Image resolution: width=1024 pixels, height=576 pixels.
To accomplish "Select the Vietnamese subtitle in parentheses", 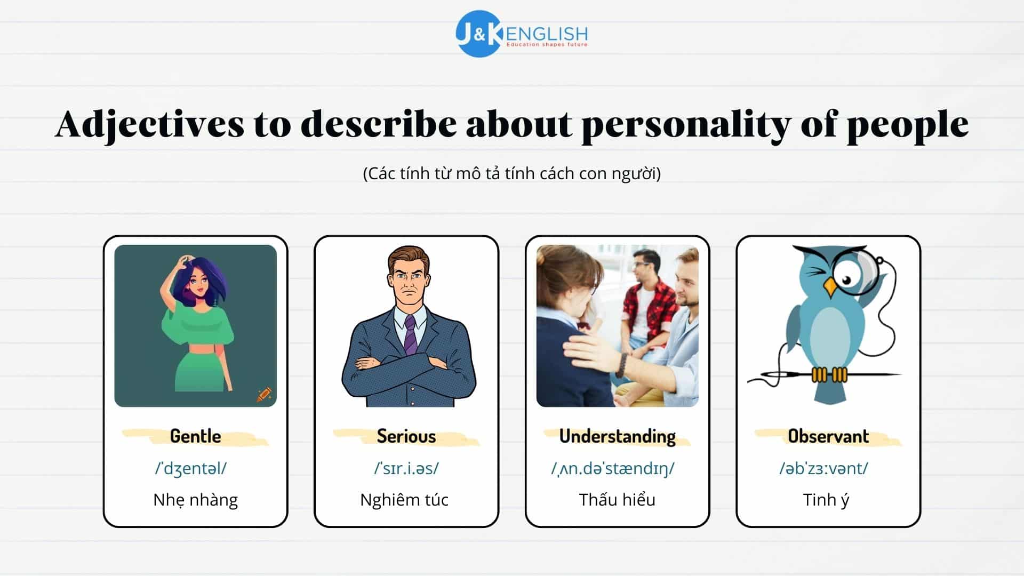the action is [512, 173].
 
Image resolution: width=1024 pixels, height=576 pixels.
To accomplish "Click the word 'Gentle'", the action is [195, 436].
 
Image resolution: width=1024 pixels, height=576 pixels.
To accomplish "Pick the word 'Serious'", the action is [406, 436].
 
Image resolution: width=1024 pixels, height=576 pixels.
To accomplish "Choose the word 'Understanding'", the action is [618, 437].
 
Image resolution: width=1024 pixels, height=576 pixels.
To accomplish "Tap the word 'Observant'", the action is [828, 436].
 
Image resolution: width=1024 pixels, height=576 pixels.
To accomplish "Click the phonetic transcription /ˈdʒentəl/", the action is [191, 468].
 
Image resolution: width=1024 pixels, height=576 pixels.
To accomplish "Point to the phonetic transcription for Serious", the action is [406, 468].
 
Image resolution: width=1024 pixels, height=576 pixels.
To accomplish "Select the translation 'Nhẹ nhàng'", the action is [195, 500].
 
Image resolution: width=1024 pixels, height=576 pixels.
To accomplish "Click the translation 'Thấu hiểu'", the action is [617, 500].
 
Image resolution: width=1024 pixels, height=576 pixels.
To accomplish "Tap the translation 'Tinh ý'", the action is [826, 500].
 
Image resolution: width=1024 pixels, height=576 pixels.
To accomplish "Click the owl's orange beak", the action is [830, 287].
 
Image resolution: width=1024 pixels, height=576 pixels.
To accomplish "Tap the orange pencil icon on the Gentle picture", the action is [264, 395].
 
